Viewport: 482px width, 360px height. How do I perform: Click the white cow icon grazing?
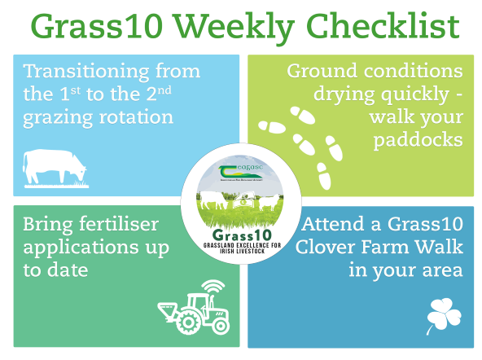click(54, 165)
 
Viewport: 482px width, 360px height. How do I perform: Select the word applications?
click(73, 247)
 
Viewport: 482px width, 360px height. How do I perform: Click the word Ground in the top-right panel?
click(326, 71)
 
